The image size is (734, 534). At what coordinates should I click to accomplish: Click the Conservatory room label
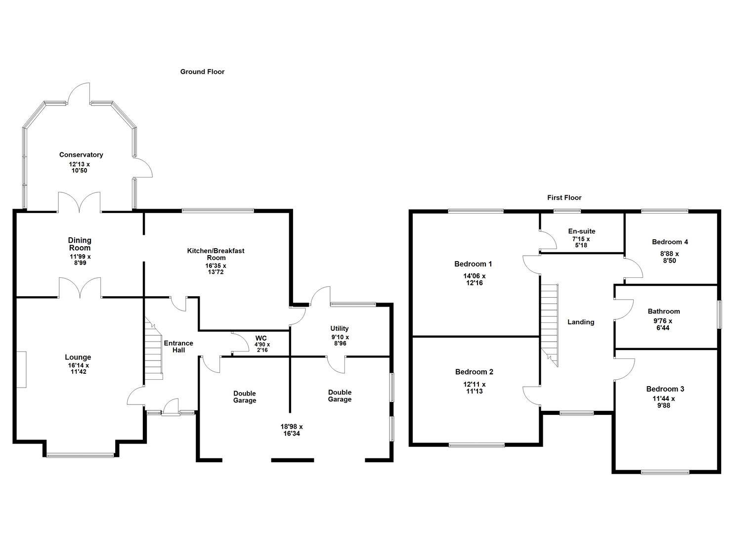(x=81, y=155)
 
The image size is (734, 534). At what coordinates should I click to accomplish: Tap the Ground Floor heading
(x=202, y=72)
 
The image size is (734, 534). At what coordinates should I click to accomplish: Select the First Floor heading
(x=564, y=198)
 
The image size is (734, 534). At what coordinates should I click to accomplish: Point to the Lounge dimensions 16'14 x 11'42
(x=78, y=368)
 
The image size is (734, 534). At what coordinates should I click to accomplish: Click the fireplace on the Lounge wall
(x=21, y=369)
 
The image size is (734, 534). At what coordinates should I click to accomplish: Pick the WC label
(x=260, y=338)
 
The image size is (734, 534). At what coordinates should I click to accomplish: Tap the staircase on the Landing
(x=549, y=324)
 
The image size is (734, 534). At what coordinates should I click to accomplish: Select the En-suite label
(x=581, y=231)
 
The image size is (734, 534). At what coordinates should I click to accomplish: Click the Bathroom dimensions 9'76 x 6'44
(x=663, y=324)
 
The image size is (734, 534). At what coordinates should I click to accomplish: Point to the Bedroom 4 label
(x=670, y=242)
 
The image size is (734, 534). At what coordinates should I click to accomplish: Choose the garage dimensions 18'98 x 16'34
(x=292, y=430)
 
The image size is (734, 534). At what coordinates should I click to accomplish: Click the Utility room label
(x=340, y=328)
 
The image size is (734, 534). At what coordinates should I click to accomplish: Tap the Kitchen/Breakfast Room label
(x=216, y=254)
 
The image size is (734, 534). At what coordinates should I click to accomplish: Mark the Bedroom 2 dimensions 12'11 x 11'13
(x=474, y=388)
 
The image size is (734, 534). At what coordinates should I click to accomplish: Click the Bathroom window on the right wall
(x=719, y=314)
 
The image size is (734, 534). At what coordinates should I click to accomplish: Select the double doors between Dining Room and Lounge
(x=80, y=288)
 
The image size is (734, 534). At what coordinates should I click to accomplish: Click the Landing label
(x=581, y=322)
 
